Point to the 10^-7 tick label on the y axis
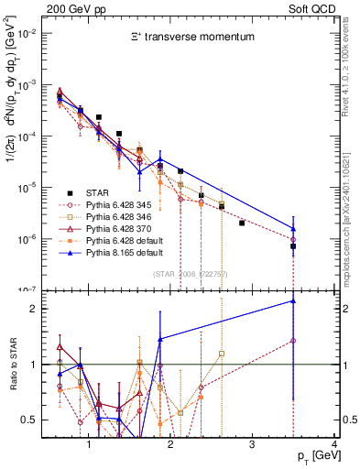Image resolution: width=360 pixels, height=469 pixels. [x=34, y=290]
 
